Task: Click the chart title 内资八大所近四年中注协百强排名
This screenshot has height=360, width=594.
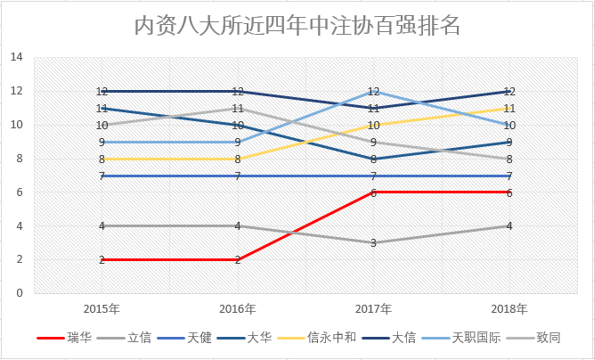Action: coord(297,24)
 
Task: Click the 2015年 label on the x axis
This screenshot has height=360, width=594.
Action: coord(102,308)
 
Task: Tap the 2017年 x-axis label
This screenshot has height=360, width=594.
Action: coord(373,308)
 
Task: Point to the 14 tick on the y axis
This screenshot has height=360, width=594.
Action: coord(17,57)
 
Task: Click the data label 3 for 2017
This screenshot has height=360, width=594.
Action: coord(374,242)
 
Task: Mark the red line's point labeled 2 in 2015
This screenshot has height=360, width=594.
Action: coord(102,259)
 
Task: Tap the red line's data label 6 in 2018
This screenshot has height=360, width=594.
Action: coord(509,192)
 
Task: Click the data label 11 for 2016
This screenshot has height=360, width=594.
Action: coord(238,108)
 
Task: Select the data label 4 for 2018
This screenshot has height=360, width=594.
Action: coord(509,225)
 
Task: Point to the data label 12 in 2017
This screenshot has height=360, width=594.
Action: coord(374,91)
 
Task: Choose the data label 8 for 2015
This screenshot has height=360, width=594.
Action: coord(102,159)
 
